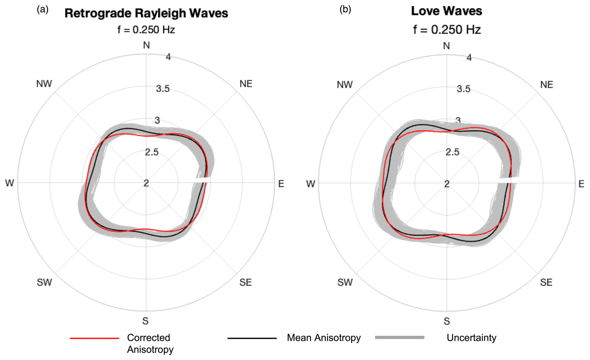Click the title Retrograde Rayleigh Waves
(x=146, y=13)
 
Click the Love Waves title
(x=446, y=11)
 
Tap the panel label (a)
(x=43, y=9)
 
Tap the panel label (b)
(x=345, y=9)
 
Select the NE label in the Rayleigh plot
(x=246, y=84)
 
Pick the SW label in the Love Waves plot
(x=345, y=282)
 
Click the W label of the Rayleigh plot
(x=9, y=183)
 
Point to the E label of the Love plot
(x=581, y=184)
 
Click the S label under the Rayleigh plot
(x=146, y=321)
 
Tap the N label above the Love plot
(x=446, y=46)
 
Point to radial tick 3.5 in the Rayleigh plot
(x=163, y=89)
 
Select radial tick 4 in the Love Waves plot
(x=469, y=58)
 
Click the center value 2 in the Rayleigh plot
(x=146, y=183)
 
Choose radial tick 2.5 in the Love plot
(x=452, y=152)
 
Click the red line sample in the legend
(x=94, y=338)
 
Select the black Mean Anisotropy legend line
(x=252, y=338)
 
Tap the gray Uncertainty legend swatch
(x=400, y=337)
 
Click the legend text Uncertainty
(x=471, y=338)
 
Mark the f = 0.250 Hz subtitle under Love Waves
(x=447, y=30)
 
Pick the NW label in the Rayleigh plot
(x=44, y=84)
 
